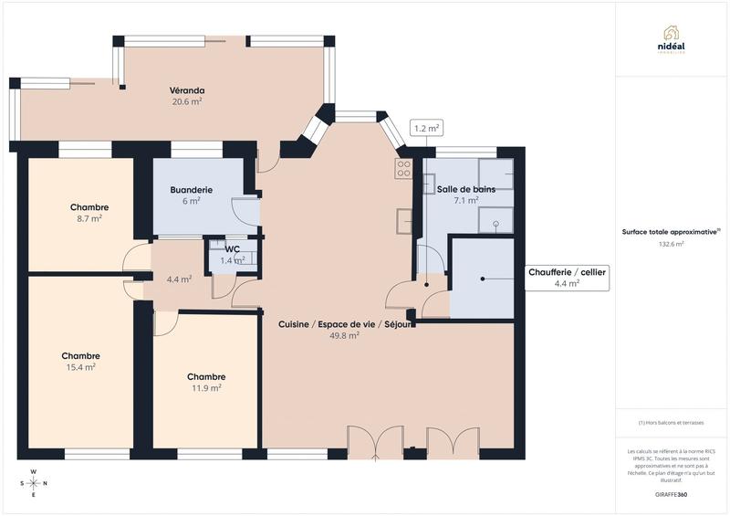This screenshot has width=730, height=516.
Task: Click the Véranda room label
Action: pyautogui.click(x=186, y=90)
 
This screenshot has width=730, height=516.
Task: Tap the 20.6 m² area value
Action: pyautogui.click(x=186, y=101)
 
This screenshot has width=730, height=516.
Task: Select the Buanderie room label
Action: pyautogui.click(x=191, y=190)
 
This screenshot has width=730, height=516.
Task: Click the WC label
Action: pyautogui.click(x=232, y=248)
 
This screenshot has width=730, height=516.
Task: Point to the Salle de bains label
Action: pyautogui.click(x=465, y=188)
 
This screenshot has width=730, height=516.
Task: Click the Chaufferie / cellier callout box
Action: pyautogui.click(x=567, y=278)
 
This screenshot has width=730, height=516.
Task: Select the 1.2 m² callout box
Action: pyautogui.click(x=426, y=129)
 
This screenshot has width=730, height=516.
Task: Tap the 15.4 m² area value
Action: pyautogui.click(x=80, y=366)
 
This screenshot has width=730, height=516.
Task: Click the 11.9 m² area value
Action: pyautogui.click(x=205, y=387)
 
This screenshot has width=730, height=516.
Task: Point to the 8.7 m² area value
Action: pyautogui.click(x=89, y=218)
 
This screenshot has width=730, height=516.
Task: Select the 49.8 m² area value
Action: pyautogui.click(x=344, y=335)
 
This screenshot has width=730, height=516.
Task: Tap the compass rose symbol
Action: pyautogui.click(x=33, y=483)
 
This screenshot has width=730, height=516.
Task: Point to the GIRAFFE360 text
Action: pyautogui.click(x=671, y=493)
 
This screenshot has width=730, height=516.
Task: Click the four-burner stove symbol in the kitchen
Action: pyautogui.click(x=402, y=168)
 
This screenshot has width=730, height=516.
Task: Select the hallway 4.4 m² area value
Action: pyautogui.click(x=179, y=279)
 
